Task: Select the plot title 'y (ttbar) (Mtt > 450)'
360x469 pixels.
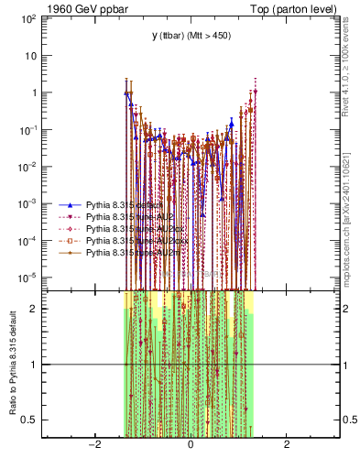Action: [191, 36]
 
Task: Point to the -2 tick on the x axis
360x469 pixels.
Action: [93, 445]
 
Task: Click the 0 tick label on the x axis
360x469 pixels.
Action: [190, 445]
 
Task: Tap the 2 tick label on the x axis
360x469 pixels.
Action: [287, 445]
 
